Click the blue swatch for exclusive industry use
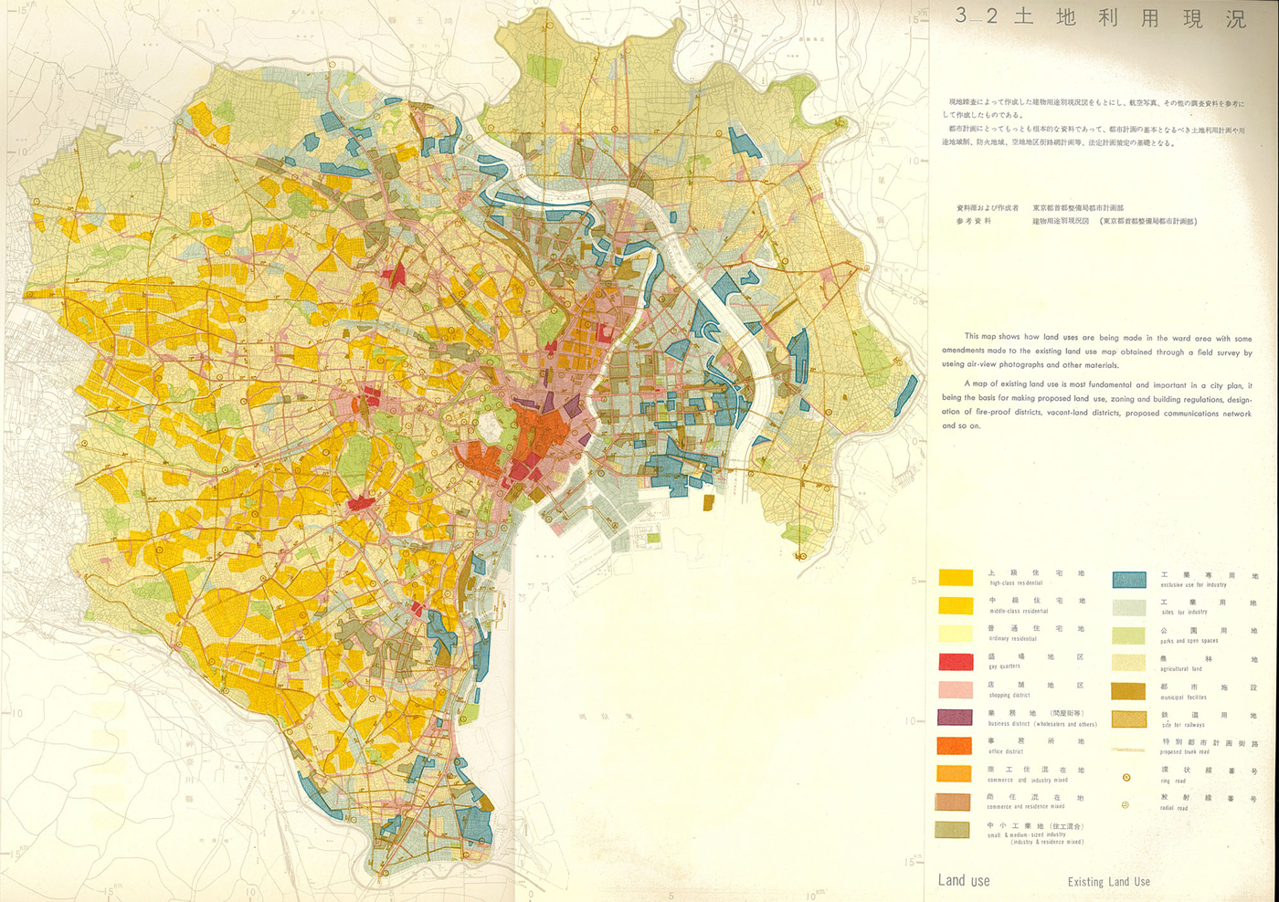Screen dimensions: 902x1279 click(x=1129, y=580)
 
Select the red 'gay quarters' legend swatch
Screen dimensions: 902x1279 click(x=955, y=662)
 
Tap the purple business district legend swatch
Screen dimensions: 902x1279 click(x=955, y=718)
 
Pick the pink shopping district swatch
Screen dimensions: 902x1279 click(x=955, y=690)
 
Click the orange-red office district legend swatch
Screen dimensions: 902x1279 click(x=955, y=746)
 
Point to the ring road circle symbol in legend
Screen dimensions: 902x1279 click(x=1126, y=777)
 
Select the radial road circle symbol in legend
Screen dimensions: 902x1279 click(x=1126, y=804)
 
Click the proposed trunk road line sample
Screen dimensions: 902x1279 click(x=1128, y=750)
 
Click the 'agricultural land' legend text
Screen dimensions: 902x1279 click(x=1181, y=669)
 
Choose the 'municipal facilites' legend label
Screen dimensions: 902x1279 click(x=1183, y=697)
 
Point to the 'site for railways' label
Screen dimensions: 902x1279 click(x=1183, y=725)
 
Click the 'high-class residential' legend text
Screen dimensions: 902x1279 click(x=1016, y=582)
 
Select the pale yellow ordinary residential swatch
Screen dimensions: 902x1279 click(x=955, y=634)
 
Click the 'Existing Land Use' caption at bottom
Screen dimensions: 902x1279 click(x=1108, y=882)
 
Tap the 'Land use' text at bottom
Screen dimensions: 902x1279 click(x=964, y=881)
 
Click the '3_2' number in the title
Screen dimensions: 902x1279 click(x=976, y=16)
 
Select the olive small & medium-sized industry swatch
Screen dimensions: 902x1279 click(x=953, y=830)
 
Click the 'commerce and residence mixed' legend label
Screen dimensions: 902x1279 click(x=1025, y=807)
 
